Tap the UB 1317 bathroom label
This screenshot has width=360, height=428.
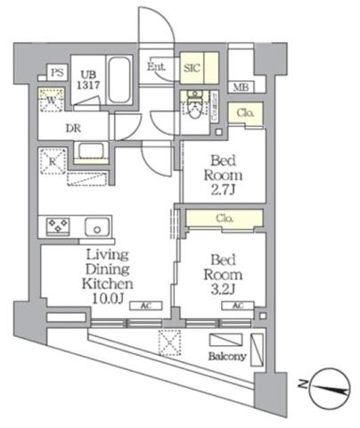(x=88, y=78)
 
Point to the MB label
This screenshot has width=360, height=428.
(x=241, y=87)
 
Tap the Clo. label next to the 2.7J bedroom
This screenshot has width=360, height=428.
(x=245, y=113)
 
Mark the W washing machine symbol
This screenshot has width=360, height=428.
(x=49, y=102)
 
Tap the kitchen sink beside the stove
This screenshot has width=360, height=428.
(x=96, y=226)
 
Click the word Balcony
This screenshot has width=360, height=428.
(x=227, y=357)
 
